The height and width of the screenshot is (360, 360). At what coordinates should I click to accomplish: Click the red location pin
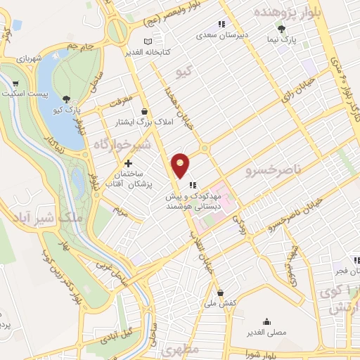click(x=181, y=165)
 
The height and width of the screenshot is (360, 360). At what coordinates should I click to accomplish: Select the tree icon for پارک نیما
click(x=281, y=29)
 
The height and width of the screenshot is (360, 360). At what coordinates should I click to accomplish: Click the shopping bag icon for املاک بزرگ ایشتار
click(x=145, y=111)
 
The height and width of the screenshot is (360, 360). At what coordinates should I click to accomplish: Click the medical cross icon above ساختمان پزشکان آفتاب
click(x=128, y=163)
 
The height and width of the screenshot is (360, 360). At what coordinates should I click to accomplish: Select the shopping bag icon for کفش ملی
click(x=220, y=292)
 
